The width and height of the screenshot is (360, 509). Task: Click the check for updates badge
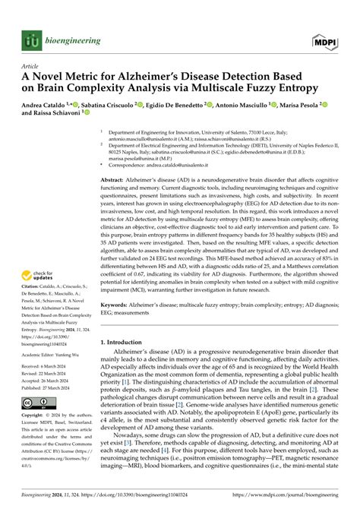pos(40,275)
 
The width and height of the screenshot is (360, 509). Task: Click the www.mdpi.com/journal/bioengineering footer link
pos(280,501)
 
